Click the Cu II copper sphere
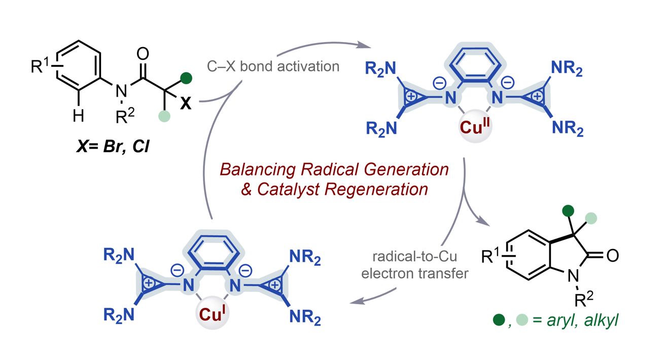[x=475, y=126]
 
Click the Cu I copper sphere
[x=213, y=313]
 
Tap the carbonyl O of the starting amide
[x=143, y=54]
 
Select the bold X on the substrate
[x=186, y=103]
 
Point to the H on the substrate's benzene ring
[x=79, y=116]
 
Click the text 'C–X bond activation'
[x=273, y=66]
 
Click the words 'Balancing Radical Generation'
[x=334, y=169]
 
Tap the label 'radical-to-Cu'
[x=414, y=257]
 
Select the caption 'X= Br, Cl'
[x=113, y=147]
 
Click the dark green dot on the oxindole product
[x=568, y=211]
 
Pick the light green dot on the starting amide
[x=164, y=116]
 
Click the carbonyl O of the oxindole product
[x=613, y=256]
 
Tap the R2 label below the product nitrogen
[x=584, y=300]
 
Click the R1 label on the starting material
[x=40, y=65]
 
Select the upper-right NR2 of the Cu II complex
[x=567, y=68]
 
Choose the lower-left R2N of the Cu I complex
[x=119, y=315]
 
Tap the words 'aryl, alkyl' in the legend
[x=583, y=320]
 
